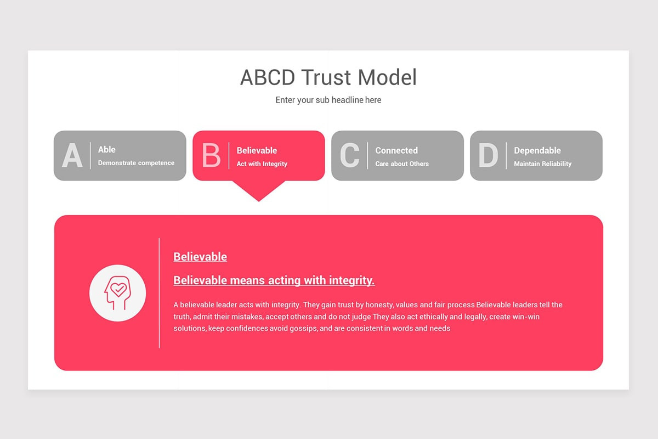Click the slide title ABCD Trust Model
click(x=328, y=77)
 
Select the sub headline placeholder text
click(x=328, y=100)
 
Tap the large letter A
click(x=72, y=156)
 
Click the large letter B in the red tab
click(x=211, y=156)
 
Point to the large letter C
click(x=350, y=156)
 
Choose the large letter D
click(x=488, y=156)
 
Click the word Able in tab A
click(x=107, y=149)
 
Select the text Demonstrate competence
click(x=136, y=163)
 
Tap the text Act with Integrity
click(x=262, y=164)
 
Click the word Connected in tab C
click(x=396, y=150)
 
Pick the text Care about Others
click(x=402, y=164)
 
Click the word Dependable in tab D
click(x=537, y=150)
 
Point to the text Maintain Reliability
click(x=543, y=164)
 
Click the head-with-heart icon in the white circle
click(x=117, y=293)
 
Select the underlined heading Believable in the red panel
click(x=200, y=256)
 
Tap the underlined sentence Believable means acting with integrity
click(x=274, y=280)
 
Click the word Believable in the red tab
click(x=257, y=150)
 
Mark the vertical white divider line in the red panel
click(x=160, y=293)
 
